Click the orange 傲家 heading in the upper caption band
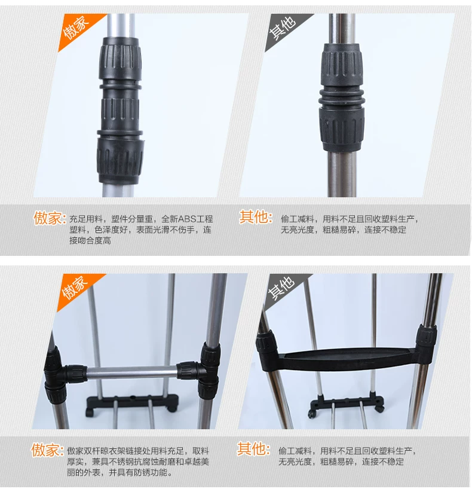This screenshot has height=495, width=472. [x=50, y=218]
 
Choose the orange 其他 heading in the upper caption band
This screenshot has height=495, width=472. [x=256, y=217]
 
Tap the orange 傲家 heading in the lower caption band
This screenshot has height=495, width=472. [x=47, y=450]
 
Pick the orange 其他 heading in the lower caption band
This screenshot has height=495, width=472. [x=253, y=448]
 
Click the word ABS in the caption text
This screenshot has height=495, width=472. [x=187, y=219]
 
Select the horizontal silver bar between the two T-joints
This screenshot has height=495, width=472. [x=132, y=372]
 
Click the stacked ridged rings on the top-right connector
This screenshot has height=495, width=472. [x=341, y=98]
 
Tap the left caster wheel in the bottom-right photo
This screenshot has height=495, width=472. [x=312, y=414]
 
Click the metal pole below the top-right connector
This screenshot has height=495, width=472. [x=342, y=173]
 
